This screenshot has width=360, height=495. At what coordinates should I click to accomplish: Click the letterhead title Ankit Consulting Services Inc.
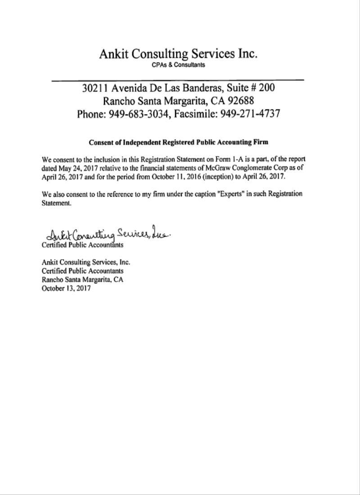pos(178,54)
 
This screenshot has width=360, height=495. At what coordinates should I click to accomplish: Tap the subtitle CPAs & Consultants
pos(178,65)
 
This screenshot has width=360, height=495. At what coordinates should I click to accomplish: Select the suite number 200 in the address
pos(265,88)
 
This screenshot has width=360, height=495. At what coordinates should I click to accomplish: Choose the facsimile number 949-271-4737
pos(250,113)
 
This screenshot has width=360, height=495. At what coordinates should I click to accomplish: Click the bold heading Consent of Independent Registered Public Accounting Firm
pos(179,142)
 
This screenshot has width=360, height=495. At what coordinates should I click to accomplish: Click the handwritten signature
pos(108,234)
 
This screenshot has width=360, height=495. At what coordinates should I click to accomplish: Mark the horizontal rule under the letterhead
pos(178,81)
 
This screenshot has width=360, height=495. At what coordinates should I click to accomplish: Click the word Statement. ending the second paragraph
pos(57,203)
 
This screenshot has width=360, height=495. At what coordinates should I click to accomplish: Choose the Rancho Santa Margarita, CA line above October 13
pos(82,279)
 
